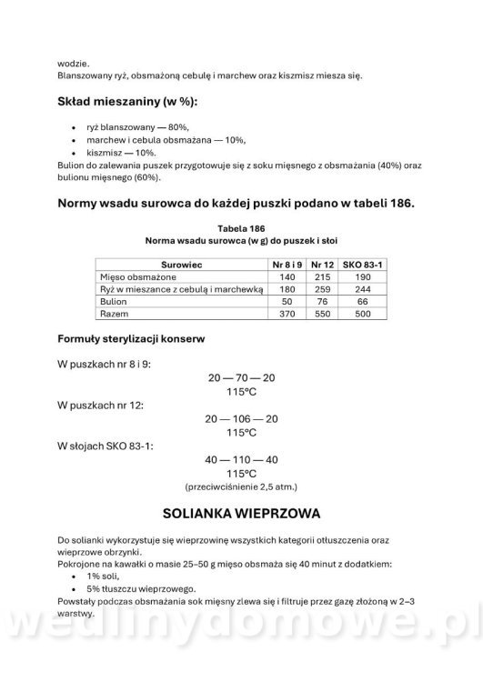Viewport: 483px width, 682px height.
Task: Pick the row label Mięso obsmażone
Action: coord(138,276)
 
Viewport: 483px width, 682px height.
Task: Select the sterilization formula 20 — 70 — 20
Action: coord(241,376)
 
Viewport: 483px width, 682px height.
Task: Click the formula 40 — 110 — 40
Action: coord(241,459)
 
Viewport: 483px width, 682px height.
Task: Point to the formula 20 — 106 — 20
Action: coord(241,418)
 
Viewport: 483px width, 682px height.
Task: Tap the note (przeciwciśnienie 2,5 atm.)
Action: coord(241,486)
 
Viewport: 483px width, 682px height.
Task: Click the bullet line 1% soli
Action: coord(104,577)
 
